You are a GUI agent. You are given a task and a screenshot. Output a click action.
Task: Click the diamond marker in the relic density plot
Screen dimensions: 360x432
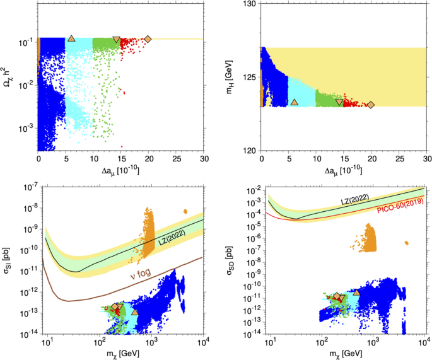[148, 39]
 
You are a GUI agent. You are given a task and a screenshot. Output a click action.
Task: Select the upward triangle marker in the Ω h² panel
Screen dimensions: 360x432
[71, 38]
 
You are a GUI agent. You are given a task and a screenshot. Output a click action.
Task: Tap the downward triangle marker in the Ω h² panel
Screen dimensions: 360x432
[116, 40]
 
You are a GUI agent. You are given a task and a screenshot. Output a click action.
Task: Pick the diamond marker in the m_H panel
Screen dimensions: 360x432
[371, 105]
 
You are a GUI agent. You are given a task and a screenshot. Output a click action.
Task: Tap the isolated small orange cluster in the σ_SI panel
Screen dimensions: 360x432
[185, 211]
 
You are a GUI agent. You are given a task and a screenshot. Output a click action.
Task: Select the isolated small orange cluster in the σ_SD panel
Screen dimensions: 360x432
[407, 243]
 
